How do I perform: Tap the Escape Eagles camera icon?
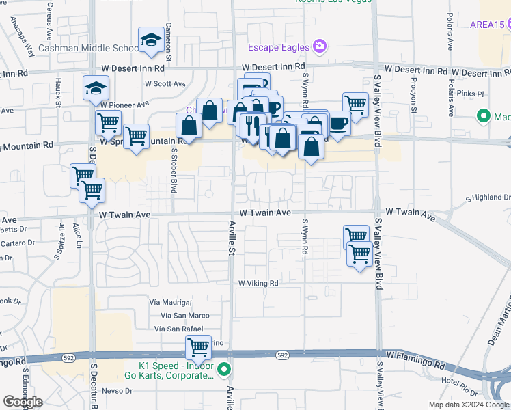(x=319, y=46)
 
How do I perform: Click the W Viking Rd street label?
(x=258, y=283)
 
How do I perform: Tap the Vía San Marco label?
(x=185, y=315)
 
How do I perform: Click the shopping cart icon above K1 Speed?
(x=198, y=346)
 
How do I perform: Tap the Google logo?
(x=23, y=402)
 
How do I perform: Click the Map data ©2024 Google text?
(x=469, y=405)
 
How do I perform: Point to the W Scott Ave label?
(x=165, y=83)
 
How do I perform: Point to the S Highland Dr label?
(x=488, y=197)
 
